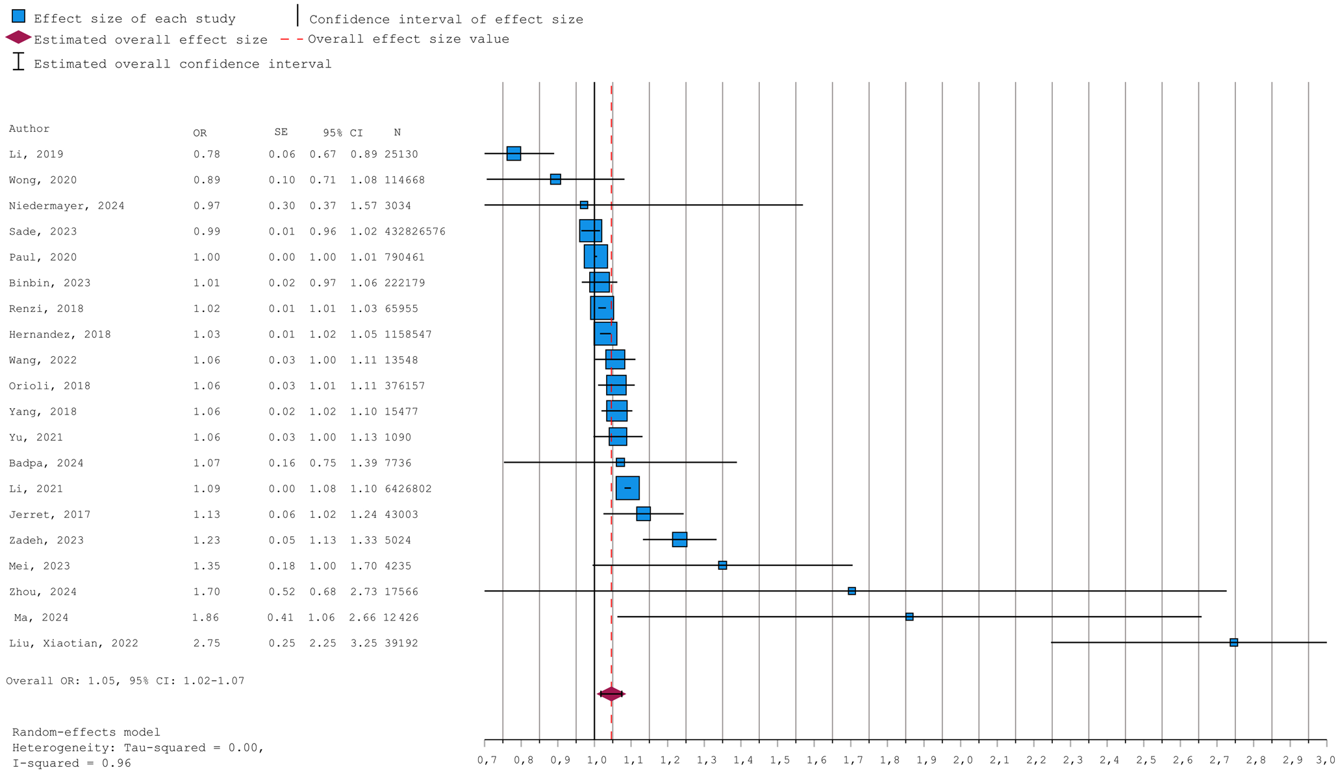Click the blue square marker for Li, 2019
pyautogui.click(x=513, y=153)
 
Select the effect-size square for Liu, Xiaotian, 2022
pyautogui.click(x=1233, y=642)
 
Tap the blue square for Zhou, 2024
pyautogui.click(x=852, y=591)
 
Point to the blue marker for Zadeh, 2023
pyautogui.click(x=679, y=539)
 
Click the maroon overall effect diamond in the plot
pyautogui.click(x=611, y=694)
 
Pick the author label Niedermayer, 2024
pyautogui.click(x=66, y=206)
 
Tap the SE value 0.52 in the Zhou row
pyautogui.click(x=282, y=591)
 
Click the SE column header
pyautogui.click(x=281, y=132)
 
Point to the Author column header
pyautogui.click(x=29, y=129)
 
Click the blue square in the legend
pyautogui.click(x=19, y=16)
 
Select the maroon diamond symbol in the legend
pyautogui.click(x=18, y=38)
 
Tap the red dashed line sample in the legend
pyautogui.click(x=292, y=39)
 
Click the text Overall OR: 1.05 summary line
pyautogui.click(x=125, y=681)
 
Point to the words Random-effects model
pyautogui.click(x=86, y=732)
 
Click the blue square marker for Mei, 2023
pyautogui.click(x=722, y=565)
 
